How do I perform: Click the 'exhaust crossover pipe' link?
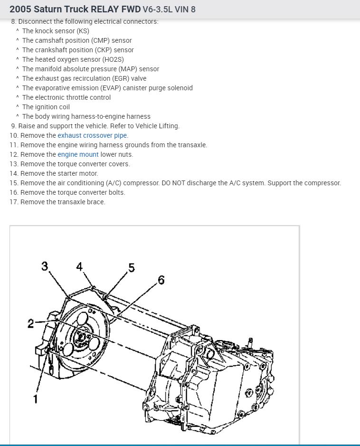coord(93,135)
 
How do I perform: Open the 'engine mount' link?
coord(78,154)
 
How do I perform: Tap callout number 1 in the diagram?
coord(35,399)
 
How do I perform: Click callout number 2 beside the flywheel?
coord(30,323)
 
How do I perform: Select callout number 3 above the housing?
coord(45,266)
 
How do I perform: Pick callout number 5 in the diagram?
coord(132,268)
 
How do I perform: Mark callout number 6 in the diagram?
coord(161,280)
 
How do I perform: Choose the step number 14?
coord(13,173)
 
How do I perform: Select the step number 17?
coord(13,202)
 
